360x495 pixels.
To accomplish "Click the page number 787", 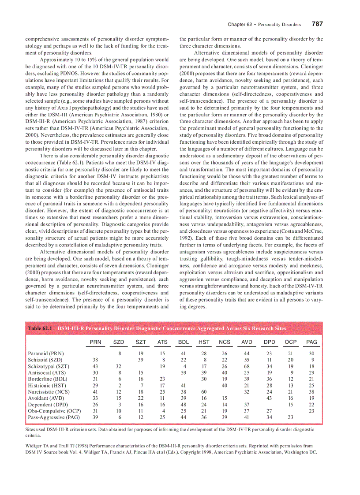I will pos(317,24).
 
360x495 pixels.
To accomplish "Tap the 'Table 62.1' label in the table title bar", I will pos(40,328).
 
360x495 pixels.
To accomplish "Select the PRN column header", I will pos(95,342).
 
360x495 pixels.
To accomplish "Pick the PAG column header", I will pos(311,342).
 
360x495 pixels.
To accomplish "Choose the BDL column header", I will pos(184,342).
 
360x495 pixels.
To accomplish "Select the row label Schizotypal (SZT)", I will pos(49,366).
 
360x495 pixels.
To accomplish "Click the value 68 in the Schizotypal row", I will pos(247,366).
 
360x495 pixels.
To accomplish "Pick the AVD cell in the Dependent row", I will pos(247,404).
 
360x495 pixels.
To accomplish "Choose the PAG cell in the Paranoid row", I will pos(311,354).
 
